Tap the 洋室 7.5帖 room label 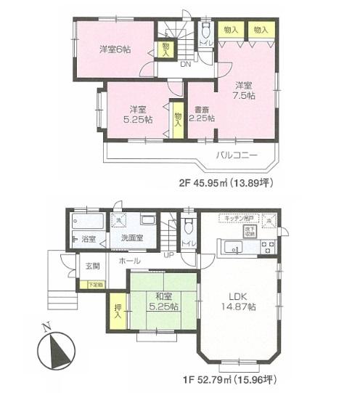pyautogui.click(x=244, y=90)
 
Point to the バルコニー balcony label pyautogui.click(x=236, y=154)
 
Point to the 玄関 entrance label pyautogui.click(x=92, y=264)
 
